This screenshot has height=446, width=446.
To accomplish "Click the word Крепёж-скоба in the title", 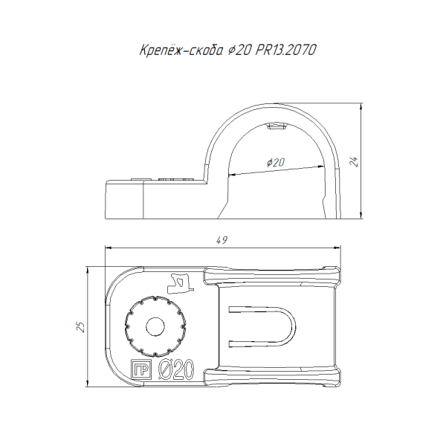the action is pos(181,51).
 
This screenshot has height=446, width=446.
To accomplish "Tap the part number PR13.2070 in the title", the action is pos(285,50).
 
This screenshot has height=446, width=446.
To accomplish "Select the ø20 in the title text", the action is pos(239,51).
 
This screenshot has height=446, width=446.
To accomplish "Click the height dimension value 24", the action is pos(354,161).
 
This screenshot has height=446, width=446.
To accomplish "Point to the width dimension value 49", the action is pos(222,240).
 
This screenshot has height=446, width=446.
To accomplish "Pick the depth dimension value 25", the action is pos(80,327).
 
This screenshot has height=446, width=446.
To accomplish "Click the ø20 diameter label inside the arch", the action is pos(276,162).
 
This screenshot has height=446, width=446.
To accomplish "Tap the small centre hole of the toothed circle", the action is pos(155,327).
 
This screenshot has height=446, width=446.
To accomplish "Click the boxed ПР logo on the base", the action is pos(140,369).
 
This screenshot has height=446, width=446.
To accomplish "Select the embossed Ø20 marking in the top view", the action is pos(176,369).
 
